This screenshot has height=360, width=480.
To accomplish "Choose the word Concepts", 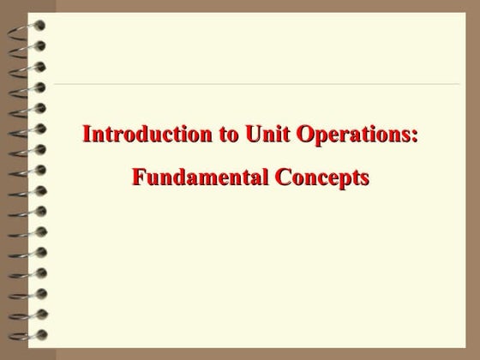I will (x=321, y=178).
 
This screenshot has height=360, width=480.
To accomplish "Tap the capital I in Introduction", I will (x=87, y=134).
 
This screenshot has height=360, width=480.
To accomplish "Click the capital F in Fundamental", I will (x=137, y=177).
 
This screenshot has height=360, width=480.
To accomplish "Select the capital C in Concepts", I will (x=282, y=177).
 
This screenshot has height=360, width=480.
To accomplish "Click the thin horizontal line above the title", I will (x=257, y=84).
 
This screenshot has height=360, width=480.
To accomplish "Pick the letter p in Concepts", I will (x=343, y=181).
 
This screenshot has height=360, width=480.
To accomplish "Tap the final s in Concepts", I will (x=364, y=179).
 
